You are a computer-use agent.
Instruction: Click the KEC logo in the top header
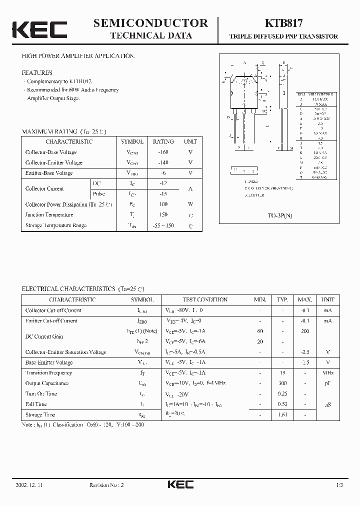(39, 29)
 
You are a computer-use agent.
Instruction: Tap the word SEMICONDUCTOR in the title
(150, 23)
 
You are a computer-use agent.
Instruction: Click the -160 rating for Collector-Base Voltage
(163, 152)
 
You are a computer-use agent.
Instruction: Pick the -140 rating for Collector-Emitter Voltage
(163, 162)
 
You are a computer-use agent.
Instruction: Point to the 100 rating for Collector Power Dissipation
(163, 204)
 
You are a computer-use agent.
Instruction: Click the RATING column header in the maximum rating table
(163, 141)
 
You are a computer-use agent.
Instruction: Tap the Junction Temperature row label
(49, 214)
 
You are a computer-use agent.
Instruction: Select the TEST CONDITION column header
(204, 300)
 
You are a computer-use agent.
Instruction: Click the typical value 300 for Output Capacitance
(282, 383)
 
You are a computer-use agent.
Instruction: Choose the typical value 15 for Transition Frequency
(282, 372)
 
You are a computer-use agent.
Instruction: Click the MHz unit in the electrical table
(328, 372)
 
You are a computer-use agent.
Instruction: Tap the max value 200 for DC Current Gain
(304, 331)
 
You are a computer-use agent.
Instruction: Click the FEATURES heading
(37, 72)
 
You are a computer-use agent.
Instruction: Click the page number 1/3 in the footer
(339, 485)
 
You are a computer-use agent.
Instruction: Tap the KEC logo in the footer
(179, 484)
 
